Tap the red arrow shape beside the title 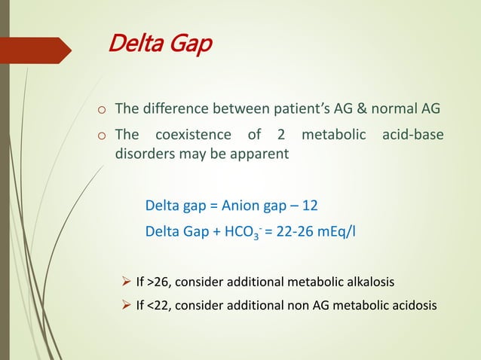coord(38,51)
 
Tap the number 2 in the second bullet coord(278,136)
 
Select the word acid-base coord(413,136)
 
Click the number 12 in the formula coord(320,206)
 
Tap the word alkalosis coord(366,282)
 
